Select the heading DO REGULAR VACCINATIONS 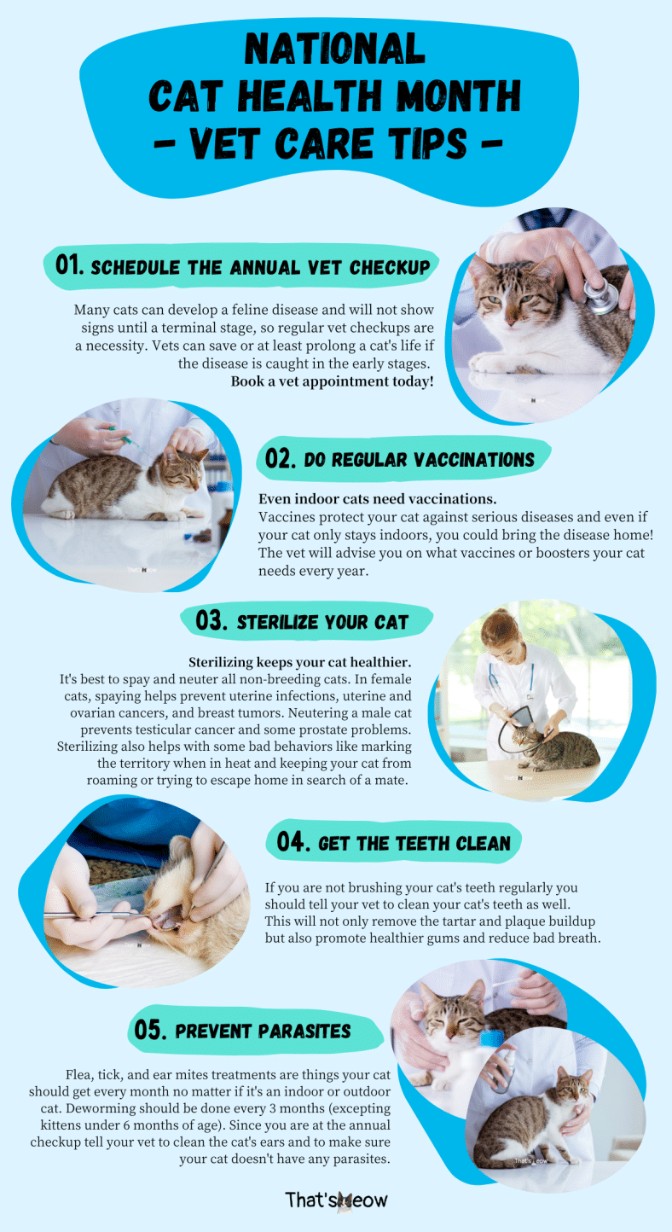pos(419,460)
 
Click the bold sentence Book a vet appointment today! pos(332,381)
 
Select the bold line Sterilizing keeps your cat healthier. pos(300,662)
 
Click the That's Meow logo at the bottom pos(336,1200)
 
